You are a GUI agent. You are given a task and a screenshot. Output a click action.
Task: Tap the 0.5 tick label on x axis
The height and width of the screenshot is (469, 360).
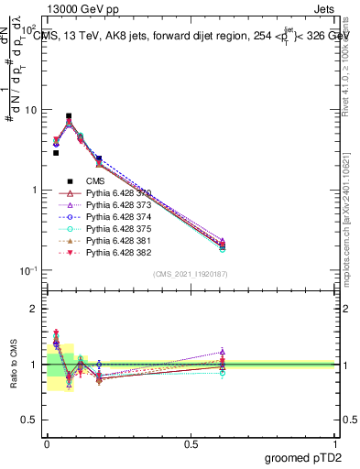click(191, 442)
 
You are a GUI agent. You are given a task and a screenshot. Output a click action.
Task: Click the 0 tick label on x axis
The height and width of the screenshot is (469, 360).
click(47, 442)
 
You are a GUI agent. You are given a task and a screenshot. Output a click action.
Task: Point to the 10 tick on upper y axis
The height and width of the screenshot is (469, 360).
click(34, 110)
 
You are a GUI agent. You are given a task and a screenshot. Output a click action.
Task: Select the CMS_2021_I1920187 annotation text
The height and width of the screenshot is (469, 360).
click(190, 274)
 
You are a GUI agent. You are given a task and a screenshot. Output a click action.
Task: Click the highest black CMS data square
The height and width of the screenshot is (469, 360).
click(69, 116)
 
